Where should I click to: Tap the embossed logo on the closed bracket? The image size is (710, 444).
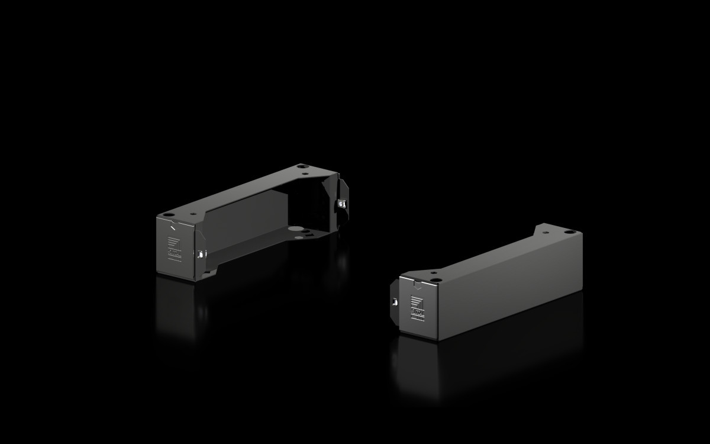click(x=418, y=309)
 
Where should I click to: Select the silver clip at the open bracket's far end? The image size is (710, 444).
click(x=341, y=204)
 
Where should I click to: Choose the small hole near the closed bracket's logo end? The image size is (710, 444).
click(x=434, y=273)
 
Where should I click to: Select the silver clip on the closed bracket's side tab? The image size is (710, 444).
click(x=395, y=301)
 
